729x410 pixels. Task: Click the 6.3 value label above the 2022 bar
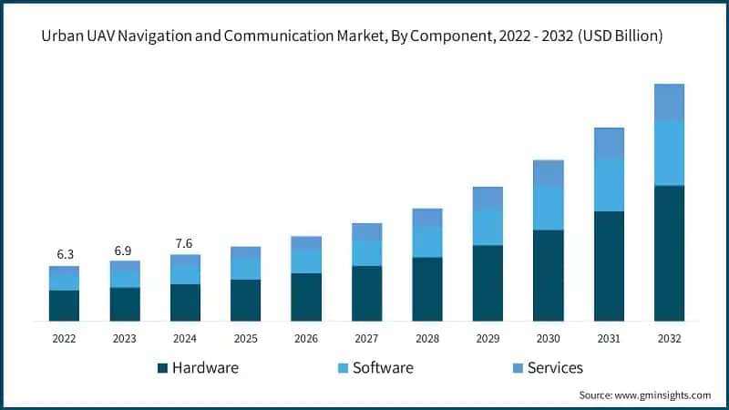click(x=64, y=254)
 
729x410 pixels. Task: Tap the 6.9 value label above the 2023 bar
click(x=125, y=249)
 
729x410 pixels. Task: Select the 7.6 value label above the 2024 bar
click(x=185, y=242)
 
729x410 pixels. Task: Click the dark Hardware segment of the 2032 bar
click(x=669, y=252)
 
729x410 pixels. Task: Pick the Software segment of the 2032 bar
click(x=669, y=152)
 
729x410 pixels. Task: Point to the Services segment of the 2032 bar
click(x=669, y=102)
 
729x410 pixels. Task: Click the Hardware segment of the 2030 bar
click(x=548, y=274)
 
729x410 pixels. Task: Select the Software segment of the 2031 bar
click(x=609, y=185)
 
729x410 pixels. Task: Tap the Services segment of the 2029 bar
click(x=488, y=198)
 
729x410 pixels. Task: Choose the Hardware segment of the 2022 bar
click(x=64, y=305)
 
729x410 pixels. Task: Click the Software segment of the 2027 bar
click(x=366, y=252)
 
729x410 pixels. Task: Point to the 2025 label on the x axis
click(x=245, y=338)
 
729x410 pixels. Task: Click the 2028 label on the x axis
click(x=426, y=338)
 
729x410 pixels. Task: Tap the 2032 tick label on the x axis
click(x=669, y=338)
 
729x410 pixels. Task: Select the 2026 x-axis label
click(x=306, y=338)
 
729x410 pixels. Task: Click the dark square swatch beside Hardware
click(x=163, y=368)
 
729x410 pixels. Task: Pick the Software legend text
click(x=383, y=368)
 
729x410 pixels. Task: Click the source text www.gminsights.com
click(x=664, y=395)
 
